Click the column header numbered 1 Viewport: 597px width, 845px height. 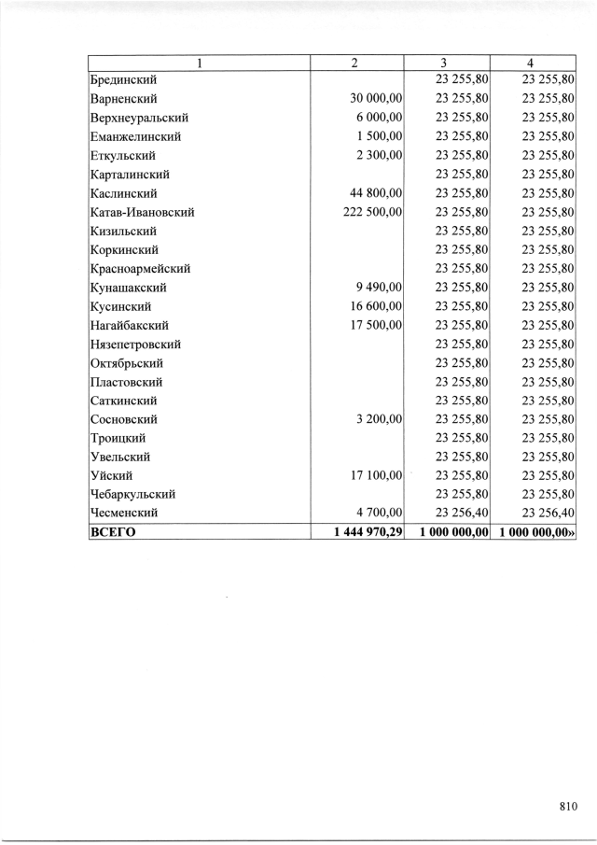(x=198, y=63)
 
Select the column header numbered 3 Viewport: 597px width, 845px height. (x=446, y=63)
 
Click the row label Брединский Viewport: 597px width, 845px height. (x=123, y=79)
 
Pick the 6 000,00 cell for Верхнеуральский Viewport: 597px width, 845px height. (x=379, y=118)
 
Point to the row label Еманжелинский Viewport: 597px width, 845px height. (x=135, y=136)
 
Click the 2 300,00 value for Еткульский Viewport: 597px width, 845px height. (x=379, y=155)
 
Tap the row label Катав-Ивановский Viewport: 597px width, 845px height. (x=142, y=212)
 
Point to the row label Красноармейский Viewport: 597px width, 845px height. (x=141, y=269)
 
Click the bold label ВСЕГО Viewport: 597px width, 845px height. (x=113, y=531)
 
